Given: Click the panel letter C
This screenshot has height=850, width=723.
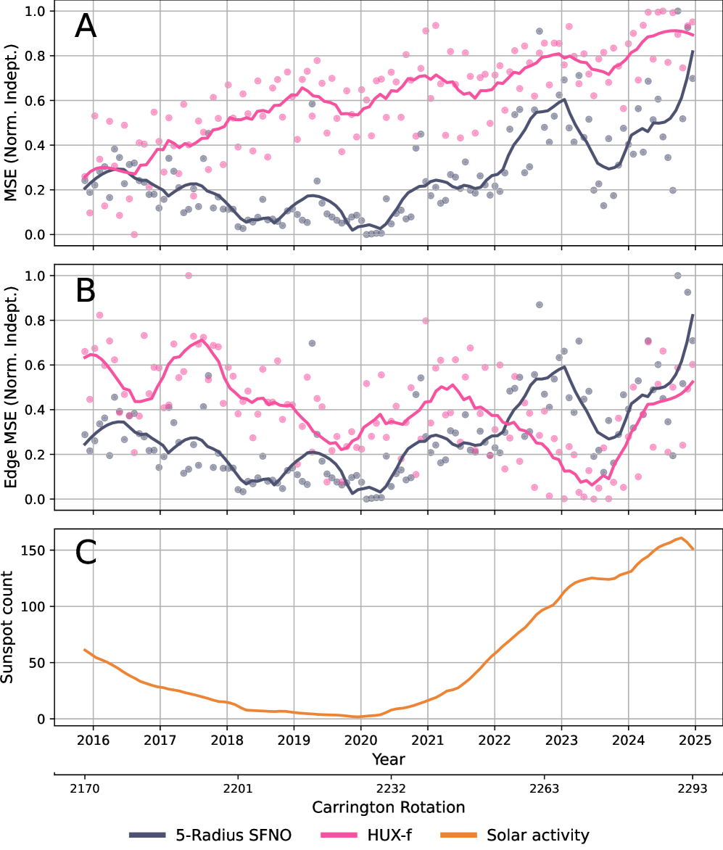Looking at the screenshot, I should pos(86,554).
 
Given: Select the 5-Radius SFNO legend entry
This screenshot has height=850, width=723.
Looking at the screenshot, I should pos(210,835).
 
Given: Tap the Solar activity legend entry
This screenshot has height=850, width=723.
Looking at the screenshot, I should pos(517,835).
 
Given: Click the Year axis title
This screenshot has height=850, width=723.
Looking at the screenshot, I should pos(388,759).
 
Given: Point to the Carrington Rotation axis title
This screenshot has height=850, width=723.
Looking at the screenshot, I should pos(388,806).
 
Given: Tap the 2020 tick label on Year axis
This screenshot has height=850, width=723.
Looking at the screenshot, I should pos(360,741).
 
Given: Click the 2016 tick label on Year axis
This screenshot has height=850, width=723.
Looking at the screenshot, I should pos(93,741).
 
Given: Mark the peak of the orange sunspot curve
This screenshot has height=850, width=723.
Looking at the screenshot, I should pos(681,538).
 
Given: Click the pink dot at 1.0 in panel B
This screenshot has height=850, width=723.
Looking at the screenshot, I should pos(189,276).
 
